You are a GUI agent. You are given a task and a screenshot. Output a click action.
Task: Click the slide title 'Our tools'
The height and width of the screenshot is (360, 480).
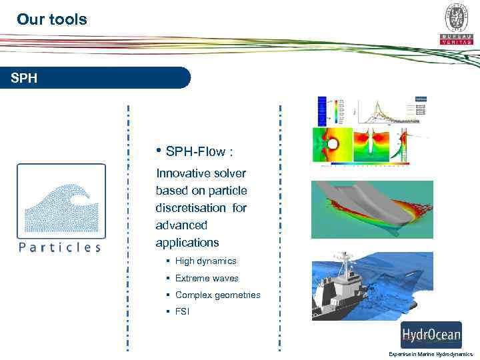(52, 19)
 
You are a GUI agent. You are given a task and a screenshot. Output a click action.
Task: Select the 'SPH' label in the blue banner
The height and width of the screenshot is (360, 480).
(25, 78)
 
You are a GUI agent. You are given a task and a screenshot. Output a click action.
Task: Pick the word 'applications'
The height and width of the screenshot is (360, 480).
(187, 243)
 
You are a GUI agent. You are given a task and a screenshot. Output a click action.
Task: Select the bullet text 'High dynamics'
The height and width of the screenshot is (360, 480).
(205, 261)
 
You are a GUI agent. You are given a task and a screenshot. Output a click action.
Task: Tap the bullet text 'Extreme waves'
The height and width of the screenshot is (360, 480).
(206, 278)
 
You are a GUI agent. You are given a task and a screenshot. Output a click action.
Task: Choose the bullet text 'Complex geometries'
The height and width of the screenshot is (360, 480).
(217, 295)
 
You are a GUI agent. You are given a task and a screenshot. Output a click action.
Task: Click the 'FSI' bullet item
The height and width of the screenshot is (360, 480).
(182, 311)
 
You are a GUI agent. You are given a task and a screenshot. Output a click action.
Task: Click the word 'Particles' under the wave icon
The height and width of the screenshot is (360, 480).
(61, 247)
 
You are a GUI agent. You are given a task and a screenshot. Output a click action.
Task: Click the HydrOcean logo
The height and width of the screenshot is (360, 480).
(431, 333)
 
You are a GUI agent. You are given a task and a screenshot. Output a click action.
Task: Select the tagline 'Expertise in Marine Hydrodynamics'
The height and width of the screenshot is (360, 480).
(431, 354)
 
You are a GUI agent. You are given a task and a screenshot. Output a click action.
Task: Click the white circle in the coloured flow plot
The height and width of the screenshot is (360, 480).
(333, 144)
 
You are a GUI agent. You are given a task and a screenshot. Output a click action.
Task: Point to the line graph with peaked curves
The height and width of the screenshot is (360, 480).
(391, 113)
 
